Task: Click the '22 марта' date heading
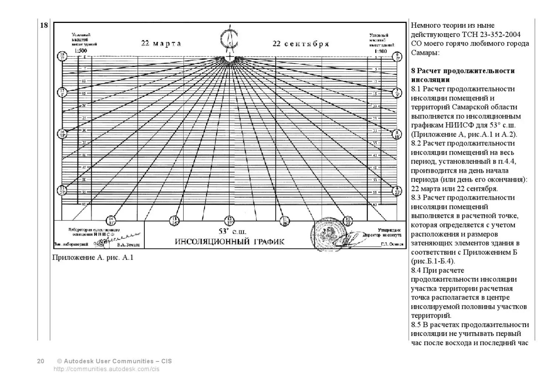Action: click(x=161, y=44)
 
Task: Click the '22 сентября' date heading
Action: click(x=301, y=44)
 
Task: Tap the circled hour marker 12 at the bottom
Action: click(x=230, y=221)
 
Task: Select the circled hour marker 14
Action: click(x=110, y=221)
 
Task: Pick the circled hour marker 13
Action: click(x=174, y=221)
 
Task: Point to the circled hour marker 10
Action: click(x=348, y=221)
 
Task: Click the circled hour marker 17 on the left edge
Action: click(x=62, y=92)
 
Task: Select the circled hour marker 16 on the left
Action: click(x=62, y=134)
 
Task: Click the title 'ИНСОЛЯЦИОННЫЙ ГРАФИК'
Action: click(x=230, y=242)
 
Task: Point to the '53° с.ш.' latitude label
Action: click(x=232, y=231)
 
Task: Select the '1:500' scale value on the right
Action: click(x=380, y=51)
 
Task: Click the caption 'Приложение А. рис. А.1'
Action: click(x=93, y=257)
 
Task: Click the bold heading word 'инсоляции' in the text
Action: click(x=430, y=80)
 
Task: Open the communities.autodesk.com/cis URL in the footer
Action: click(x=107, y=369)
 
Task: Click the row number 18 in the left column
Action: click(x=44, y=25)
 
